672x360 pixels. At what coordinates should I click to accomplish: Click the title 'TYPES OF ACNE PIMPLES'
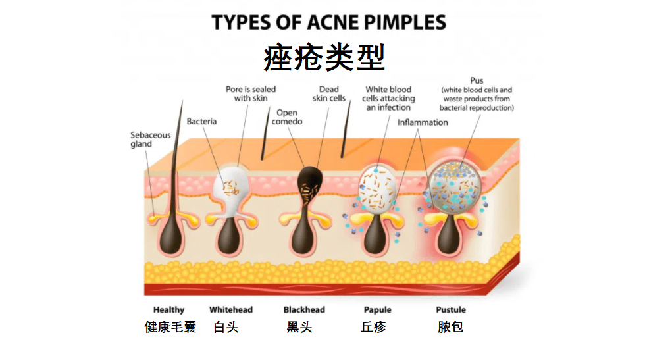click(328, 23)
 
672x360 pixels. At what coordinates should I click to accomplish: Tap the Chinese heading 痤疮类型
click(324, 58)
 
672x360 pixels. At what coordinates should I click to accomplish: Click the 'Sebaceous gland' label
click(150, 140)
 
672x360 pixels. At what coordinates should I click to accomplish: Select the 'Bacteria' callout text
click(201, 122)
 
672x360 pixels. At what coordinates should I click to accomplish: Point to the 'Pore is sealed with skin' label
click(251, 94)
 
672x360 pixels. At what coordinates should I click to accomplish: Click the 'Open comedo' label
click(287, 118)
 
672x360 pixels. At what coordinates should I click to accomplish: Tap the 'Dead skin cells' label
click(328, 94)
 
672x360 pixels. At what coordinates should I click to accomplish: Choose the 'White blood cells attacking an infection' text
click(388, 99)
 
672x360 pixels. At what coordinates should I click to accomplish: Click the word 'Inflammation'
click(423, 122)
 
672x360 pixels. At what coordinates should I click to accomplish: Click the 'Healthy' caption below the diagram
click(169, 310)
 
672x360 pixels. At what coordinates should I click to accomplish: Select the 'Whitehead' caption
click(231, 310)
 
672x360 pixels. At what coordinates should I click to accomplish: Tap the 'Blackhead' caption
click(304, 310)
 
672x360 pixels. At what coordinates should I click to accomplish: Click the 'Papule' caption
click(377, 310)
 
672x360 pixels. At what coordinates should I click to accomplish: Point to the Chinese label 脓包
click(451, 326)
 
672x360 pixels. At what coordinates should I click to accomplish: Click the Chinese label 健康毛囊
click(170, 326)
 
